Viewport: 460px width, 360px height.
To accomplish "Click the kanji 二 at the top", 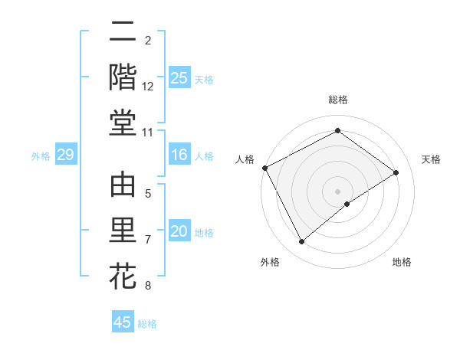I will [x=123, y=33].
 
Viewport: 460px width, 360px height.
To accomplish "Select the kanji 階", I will [x=123, y=77].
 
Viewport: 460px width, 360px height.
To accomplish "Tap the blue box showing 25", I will [x=179, y=78].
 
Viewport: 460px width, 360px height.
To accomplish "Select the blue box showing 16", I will [x=179, y=155].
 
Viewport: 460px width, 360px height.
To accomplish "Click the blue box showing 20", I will [x=179, y=232].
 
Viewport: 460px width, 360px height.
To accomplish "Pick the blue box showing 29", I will [x=65, y=155].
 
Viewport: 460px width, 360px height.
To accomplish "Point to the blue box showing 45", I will [x=123, y=322].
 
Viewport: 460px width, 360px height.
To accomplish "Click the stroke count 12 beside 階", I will [x=148, y=87].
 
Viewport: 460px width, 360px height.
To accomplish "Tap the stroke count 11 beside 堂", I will [x=148, y=133].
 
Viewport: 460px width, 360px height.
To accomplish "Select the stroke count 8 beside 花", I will [x=148, y=286].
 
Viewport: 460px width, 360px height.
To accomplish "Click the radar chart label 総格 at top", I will [x=338, y=100].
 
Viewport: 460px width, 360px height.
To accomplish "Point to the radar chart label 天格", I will [x=432, y=159].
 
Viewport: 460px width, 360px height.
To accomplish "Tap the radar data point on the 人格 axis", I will [x=264, y=168].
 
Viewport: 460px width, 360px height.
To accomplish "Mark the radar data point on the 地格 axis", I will [x=347, y=204].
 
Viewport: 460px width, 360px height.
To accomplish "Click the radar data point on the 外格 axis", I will [x=301, y=242].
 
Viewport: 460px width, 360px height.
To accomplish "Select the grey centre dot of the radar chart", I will [x=338, y=191].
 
